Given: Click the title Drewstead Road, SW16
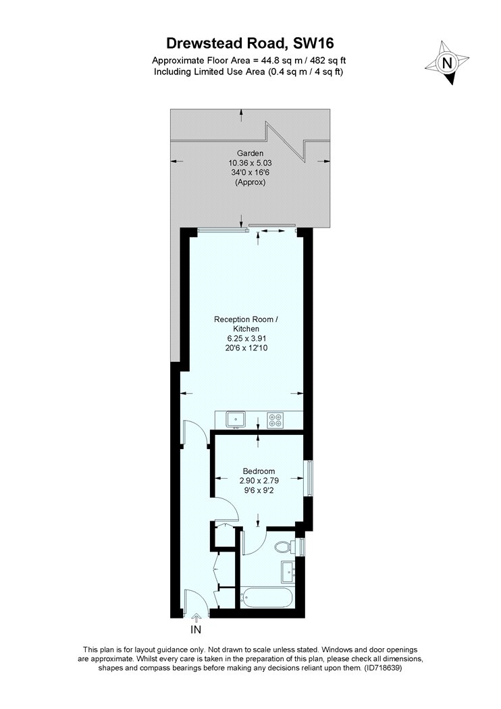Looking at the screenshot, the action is click(x=250, y=43).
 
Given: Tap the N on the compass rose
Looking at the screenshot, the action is click(x=447, y=62).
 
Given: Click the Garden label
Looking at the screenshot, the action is click(x=250, y=153).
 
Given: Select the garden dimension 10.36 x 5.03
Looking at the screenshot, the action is click(x=250, y=163).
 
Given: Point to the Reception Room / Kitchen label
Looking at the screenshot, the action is click(x=246, y=323).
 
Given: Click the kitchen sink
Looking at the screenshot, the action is click(x=236, y=419).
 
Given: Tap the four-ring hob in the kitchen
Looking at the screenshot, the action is click(x=275, y=420).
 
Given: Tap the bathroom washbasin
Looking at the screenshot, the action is click(x=288, y=572).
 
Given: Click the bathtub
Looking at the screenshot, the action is click(x=266, y=598).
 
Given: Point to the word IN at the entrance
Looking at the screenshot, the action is click(x=196, y=629).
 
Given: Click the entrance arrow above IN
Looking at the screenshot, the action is click(x=196, y=617).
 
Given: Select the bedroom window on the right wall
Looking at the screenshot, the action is click(x=309, y=478).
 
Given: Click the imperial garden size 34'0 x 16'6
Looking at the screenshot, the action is click(x=250, y=173).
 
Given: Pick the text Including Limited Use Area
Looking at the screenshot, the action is click(x=209, y=72).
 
